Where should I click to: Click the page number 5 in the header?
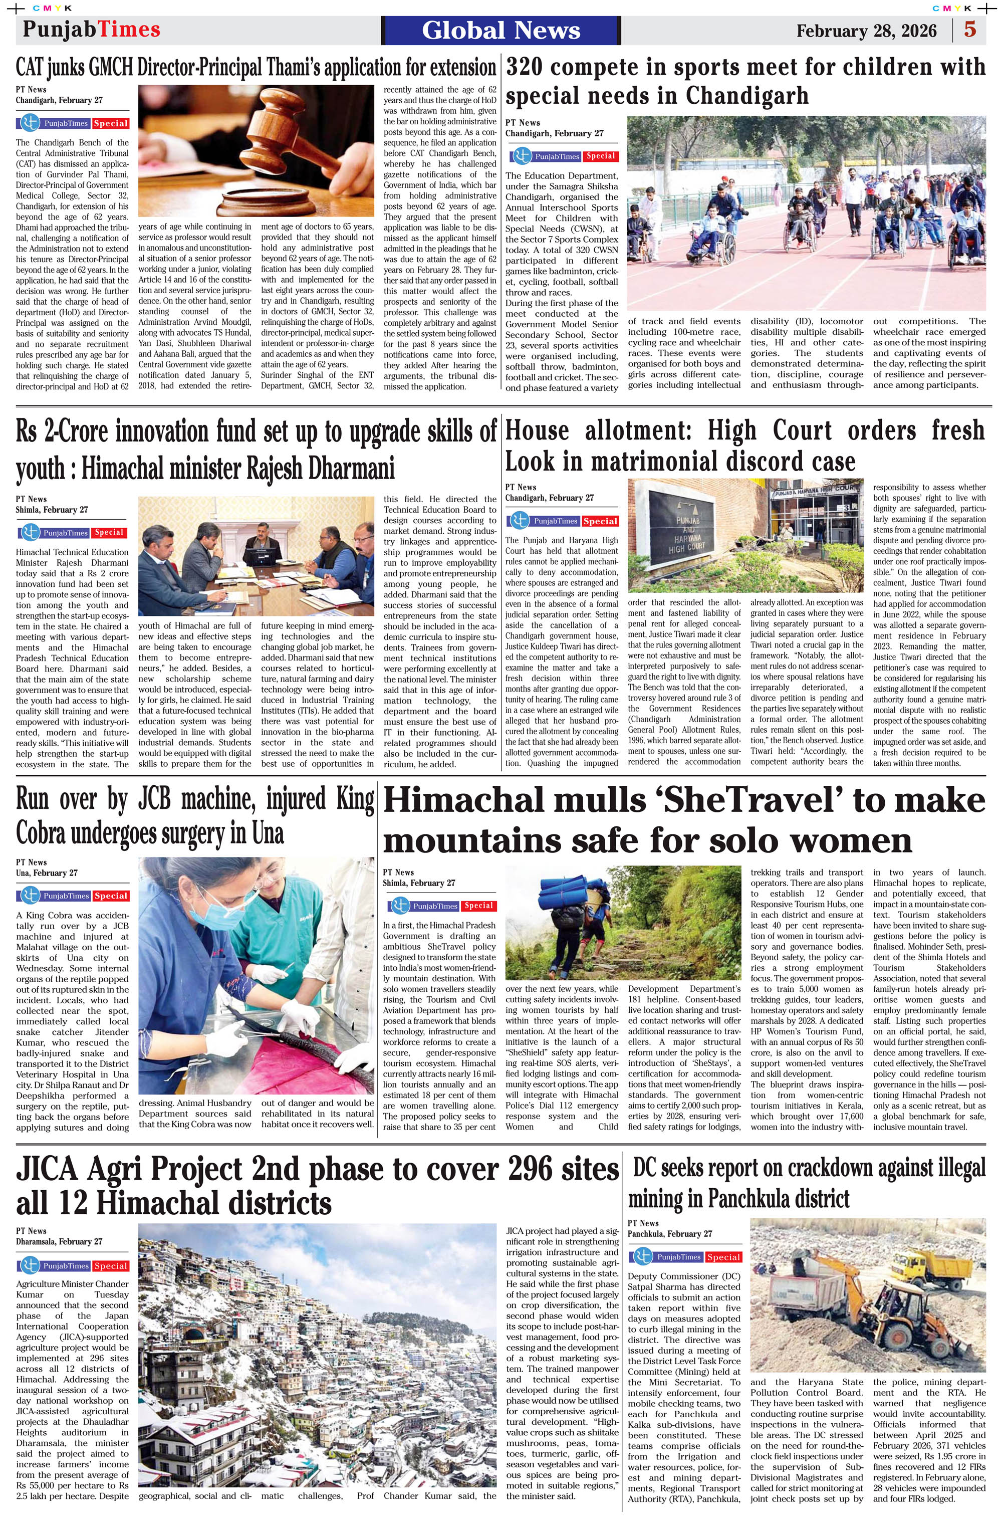[x=970, y=30]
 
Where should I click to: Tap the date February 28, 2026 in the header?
[x=866, y=31]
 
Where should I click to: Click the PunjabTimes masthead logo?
[x=91, y=30]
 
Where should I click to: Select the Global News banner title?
[x=501, y=30]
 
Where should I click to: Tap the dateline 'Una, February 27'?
[x=47, y=873]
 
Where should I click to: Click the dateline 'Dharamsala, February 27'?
[x=59, y=1242]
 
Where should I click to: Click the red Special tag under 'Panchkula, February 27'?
[x=722, y=1257]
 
